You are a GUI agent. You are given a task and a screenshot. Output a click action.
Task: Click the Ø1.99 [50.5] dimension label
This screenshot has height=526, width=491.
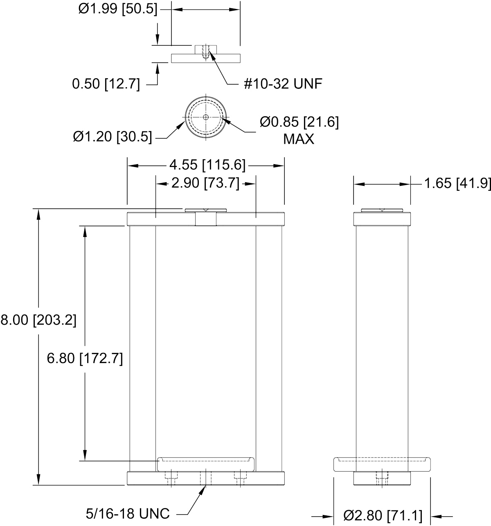point(118,9)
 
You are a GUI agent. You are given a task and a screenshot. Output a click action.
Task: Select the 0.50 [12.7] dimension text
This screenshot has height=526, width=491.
point(106,84)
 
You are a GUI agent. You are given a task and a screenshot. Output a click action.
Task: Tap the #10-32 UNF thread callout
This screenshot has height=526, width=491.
point(283,84)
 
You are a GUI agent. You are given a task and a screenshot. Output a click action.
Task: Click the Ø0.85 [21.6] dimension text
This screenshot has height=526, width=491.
point(299,122)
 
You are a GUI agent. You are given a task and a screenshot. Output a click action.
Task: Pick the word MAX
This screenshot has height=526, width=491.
point(299,139)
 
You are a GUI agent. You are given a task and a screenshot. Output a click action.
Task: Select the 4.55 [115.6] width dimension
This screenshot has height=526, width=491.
point(207,165)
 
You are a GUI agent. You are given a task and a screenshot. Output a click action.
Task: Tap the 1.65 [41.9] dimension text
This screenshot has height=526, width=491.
point(457,183)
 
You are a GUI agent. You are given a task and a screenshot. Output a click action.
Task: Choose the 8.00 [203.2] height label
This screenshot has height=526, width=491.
point(38,320)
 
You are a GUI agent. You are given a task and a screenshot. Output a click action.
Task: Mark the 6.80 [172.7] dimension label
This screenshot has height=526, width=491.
point(85,359)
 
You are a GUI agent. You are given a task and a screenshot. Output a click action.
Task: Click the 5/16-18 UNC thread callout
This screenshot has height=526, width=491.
point(128,514)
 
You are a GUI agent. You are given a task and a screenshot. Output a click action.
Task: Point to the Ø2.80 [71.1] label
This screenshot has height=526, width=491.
point(383,516)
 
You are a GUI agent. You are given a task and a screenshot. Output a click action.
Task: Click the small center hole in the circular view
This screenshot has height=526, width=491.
point(205,117)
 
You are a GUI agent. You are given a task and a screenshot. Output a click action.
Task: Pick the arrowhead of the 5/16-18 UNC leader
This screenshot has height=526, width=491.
point(203,490)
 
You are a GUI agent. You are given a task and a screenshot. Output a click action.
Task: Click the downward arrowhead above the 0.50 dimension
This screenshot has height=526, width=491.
point(158,39)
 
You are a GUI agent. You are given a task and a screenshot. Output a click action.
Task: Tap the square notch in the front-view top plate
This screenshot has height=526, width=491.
point(205,219)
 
